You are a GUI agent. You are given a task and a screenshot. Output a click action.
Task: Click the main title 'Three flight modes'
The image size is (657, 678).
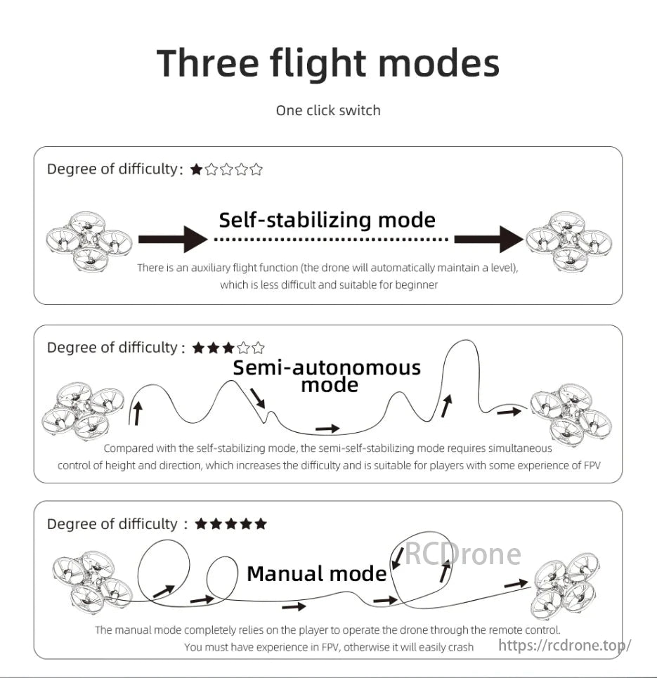click(328, 63)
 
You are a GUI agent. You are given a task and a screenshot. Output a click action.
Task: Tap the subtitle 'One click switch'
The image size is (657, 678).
click(328, 110)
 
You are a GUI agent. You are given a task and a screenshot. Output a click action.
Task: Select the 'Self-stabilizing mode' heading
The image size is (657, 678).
click(327, 220)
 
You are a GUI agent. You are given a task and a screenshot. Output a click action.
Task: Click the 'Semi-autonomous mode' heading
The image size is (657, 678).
click(327, 376)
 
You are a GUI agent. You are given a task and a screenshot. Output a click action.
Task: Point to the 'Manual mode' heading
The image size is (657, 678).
click(316, 574)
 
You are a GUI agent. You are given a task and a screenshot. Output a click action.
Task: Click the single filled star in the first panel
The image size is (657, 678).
click(197, 169)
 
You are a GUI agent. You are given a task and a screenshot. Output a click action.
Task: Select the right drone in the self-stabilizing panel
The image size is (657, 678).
click(568, 240)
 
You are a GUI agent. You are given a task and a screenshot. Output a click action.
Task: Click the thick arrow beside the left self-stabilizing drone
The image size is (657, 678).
click(173, 240)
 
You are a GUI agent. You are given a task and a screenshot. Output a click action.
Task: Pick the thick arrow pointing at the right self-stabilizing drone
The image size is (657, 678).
click(488, 240)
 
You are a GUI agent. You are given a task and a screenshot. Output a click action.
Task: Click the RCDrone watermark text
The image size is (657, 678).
click(461, 555)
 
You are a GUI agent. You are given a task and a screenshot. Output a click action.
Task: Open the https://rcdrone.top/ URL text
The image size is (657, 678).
click(564, 644)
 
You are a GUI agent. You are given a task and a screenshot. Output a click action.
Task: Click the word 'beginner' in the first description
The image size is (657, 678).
click(417, 285)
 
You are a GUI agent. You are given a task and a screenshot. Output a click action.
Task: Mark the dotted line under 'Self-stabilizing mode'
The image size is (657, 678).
click(330, 240)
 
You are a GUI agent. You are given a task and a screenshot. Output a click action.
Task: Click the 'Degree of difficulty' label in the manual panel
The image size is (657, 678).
click(112, 524)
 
